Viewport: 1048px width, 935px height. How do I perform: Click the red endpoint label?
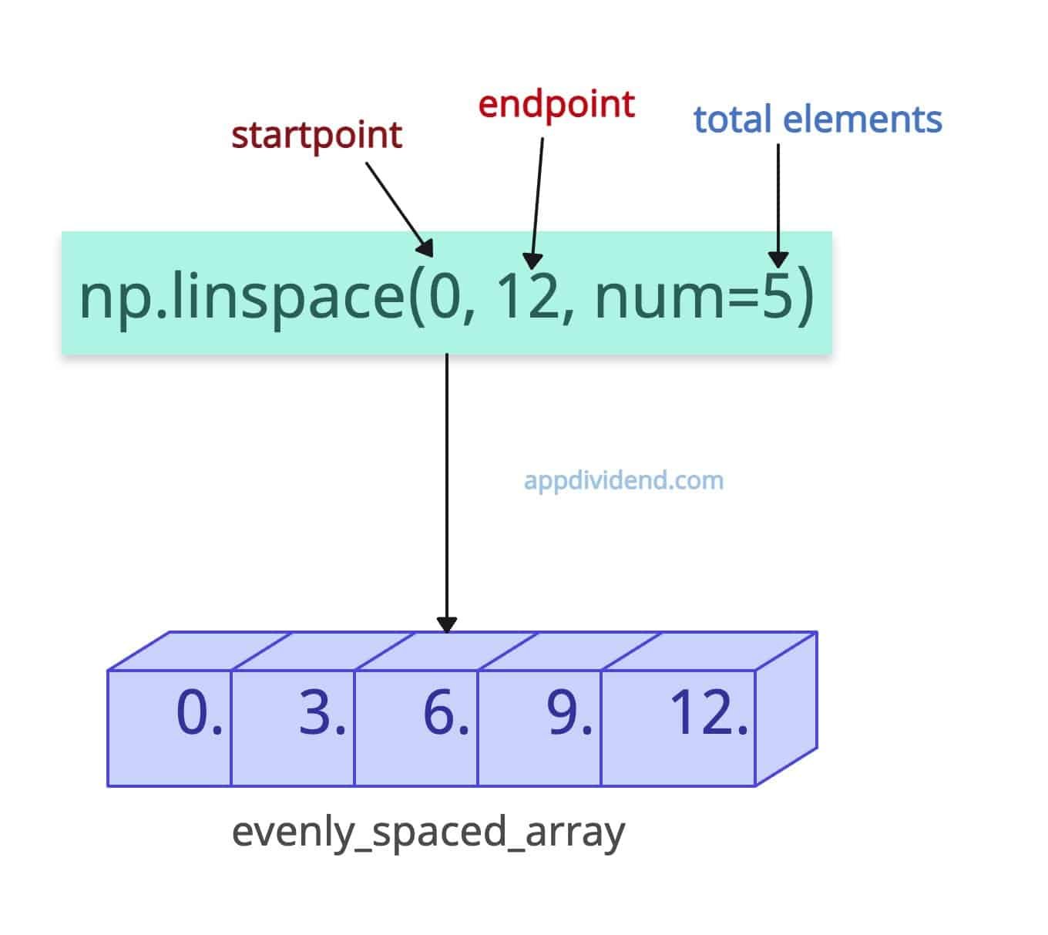tap(556, 105)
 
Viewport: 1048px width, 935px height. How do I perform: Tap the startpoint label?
tap(317, 136)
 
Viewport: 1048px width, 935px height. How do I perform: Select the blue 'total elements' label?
tap(818, 120)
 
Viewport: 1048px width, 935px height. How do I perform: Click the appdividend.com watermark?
tap(623, 480)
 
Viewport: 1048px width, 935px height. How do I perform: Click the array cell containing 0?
tap(170, 728)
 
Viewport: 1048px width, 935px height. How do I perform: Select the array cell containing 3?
tap(293, 728)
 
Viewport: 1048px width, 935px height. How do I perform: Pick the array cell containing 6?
tap(416, 728)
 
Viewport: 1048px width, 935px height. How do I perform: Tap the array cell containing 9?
tap(539, 728)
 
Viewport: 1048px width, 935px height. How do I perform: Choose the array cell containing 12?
tap(678, 728)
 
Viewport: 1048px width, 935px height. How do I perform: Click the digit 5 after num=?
tap(775, 297)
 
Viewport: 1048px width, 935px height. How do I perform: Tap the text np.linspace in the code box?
tap(242, 298)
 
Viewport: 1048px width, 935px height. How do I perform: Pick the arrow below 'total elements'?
tap(778, 204)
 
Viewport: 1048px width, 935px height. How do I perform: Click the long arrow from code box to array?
tap(447, 493)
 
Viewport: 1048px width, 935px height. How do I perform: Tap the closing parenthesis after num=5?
tap(804, 298)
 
